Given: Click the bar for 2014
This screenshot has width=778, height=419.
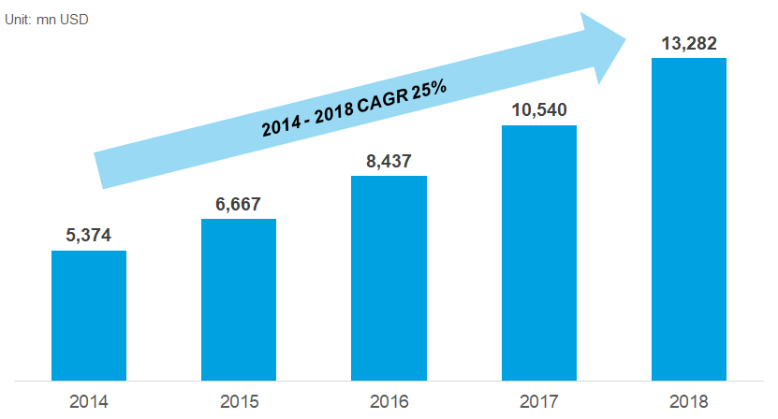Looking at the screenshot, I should (x=89, y=315).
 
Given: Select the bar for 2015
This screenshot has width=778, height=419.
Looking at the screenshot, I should (x=239, y=299).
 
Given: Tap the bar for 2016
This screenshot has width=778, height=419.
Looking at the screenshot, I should (x=389, y=278).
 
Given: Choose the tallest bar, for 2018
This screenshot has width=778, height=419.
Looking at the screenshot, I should (x=688, y=219).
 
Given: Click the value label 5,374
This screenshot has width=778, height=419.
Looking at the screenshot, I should (x=89, y=236).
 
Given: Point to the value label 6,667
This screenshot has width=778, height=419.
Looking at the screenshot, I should (x=238, y=204).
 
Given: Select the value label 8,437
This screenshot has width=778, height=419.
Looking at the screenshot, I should (x=389, y=161).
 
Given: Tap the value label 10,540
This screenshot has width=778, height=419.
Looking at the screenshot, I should (x=538, y=110).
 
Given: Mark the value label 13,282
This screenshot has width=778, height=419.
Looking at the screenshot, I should (x=688, y=43).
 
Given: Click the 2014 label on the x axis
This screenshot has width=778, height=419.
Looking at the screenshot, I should (x=89, y=402).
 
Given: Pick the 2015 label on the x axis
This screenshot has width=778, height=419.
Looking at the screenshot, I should (x=239, y=402).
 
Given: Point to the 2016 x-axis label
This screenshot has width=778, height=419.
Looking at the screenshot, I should (x=389, y=402).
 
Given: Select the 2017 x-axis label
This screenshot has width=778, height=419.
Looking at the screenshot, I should (x=538, y=402).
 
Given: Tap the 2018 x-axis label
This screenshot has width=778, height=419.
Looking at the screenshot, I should (x=688, y=402).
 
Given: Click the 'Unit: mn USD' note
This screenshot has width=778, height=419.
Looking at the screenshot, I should (x=48, y=18).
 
